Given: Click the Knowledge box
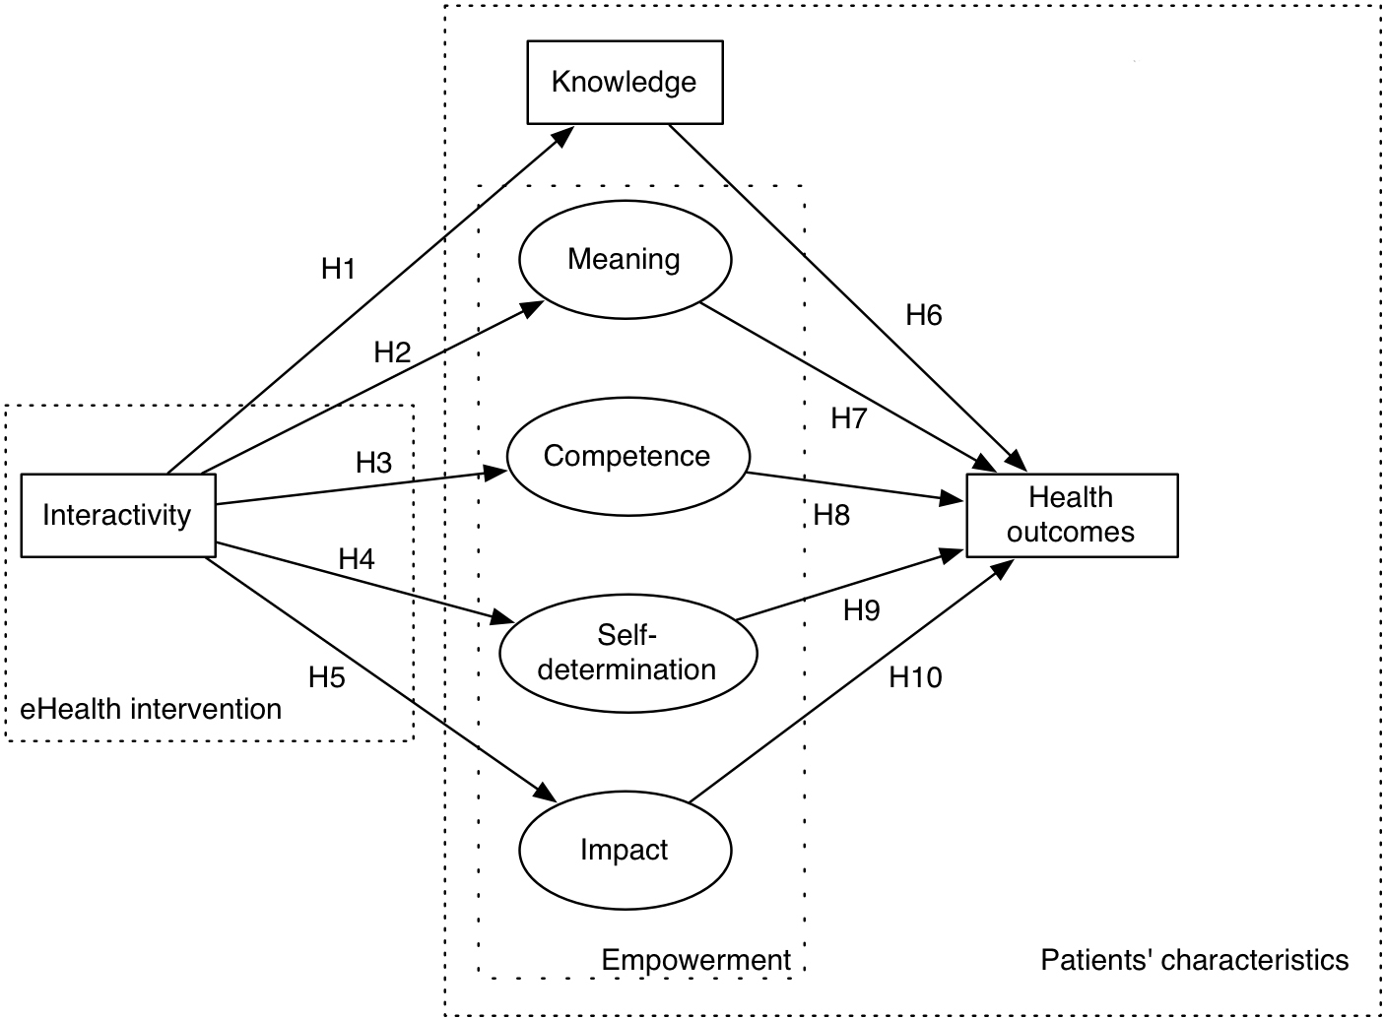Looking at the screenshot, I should point(625,82).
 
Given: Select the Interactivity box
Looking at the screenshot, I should point(117,515).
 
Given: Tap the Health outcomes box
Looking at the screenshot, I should point(1071,515).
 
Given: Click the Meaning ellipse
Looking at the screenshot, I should point(625,260).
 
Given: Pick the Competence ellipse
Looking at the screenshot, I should point(627,456).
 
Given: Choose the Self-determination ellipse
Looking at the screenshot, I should point(627,653).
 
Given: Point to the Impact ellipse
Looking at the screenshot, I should point(625,850).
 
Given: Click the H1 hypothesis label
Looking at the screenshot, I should point(338,269).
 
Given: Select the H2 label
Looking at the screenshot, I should point(392,352).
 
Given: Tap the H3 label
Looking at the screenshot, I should point(374,463).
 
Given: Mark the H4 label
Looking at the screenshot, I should point(357,559).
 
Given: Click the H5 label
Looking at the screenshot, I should point(327,677).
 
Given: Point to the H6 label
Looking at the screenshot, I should point(924,315).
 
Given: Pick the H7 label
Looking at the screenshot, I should point(848,418).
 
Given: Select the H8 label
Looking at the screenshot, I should point(831,515).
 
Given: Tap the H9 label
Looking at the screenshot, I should point(862,610).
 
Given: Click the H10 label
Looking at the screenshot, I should point(915,677).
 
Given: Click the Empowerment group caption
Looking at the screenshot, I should point(695,960).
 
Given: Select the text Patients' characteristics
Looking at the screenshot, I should point(1194,960).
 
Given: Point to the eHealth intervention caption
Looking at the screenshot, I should point(151,709).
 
